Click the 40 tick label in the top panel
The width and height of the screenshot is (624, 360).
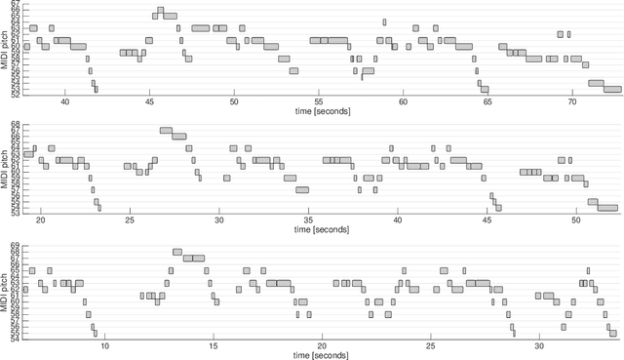click(65, 100)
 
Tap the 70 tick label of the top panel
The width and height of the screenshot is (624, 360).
click(571, 100)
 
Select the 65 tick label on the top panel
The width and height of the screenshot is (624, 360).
click(487, 100)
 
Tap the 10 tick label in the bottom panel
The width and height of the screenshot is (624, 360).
click(105, 345)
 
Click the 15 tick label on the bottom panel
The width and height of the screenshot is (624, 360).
click(214, 345)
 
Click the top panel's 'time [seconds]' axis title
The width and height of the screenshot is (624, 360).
click(321, 110)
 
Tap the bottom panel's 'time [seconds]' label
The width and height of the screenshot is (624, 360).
click(321, 355)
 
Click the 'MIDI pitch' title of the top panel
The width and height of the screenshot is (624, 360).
click(6, 49)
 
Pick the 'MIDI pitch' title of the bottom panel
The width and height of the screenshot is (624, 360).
click(6, 290)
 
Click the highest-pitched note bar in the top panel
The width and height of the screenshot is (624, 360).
click(159, 11)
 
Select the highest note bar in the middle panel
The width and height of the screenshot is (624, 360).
click(166, 130)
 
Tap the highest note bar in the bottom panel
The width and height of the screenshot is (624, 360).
click(177, 252)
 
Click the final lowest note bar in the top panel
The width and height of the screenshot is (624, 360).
click(612, 89)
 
